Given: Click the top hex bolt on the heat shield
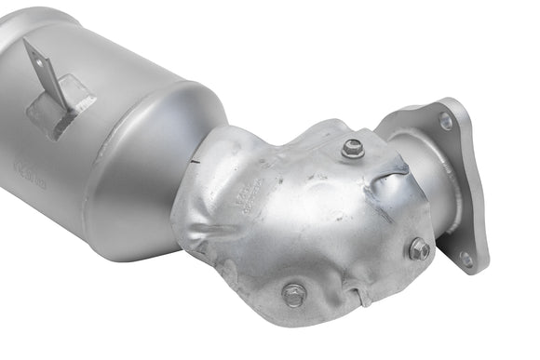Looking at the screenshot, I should click(352, 147).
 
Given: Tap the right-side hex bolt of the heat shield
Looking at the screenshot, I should click(419, 248).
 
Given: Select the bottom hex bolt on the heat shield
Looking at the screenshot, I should click(294, 295).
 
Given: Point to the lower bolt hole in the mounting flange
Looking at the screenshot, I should click(466, 259).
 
